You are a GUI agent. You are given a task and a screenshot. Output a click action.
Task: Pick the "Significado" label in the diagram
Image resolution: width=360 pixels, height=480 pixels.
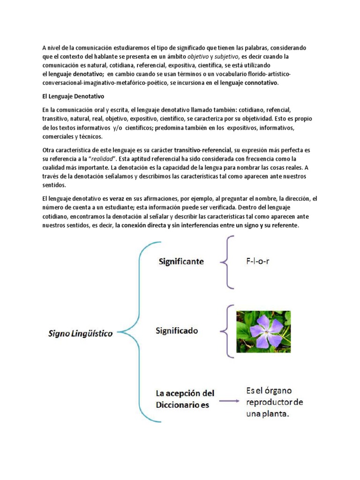[177, 330]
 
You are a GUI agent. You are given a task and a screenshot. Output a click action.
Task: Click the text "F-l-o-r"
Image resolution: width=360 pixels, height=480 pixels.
[258, 261]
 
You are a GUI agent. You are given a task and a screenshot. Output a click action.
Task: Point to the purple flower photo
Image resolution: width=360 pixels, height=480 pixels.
[263, 331]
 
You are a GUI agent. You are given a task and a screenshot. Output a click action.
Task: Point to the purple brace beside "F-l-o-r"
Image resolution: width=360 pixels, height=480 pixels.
[228, 262]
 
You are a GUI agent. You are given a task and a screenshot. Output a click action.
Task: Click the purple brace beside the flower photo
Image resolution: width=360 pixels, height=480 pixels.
[229, 330]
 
